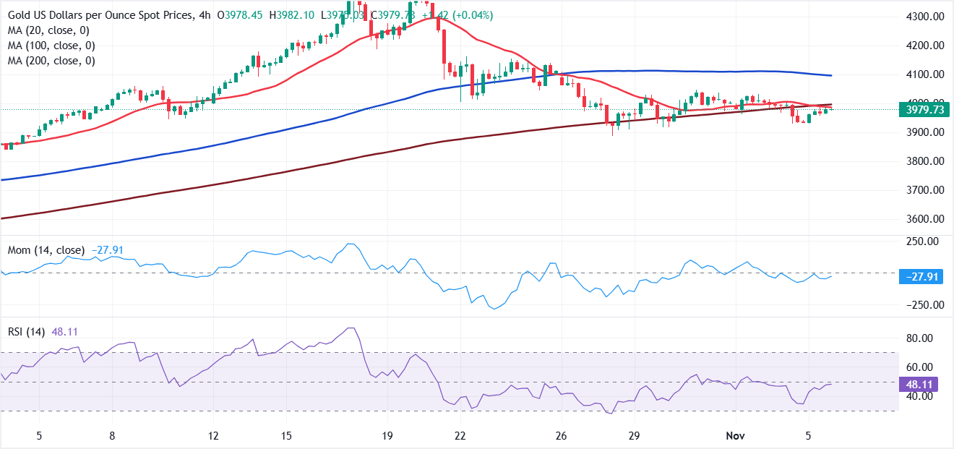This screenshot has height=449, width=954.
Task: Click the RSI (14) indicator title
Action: point(26,332)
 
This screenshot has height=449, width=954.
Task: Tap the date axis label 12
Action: point(212,436)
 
